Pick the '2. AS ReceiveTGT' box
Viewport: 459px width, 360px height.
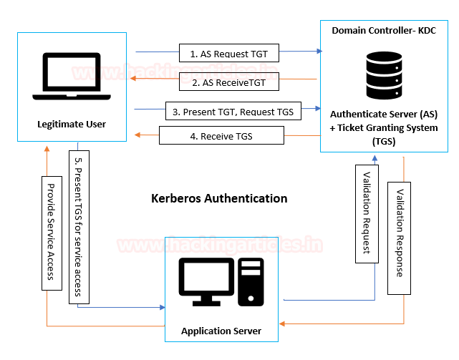tap(228, 82)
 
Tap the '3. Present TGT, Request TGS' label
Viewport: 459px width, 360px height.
tap(233, 112)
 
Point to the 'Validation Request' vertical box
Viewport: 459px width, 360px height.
tap(367, 213)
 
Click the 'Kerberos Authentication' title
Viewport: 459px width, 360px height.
tap(220, 198)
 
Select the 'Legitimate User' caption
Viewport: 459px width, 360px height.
tap(72, 125)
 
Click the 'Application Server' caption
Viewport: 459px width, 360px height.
tap(221, 331)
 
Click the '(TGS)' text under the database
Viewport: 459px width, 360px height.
tap(384, 141)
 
